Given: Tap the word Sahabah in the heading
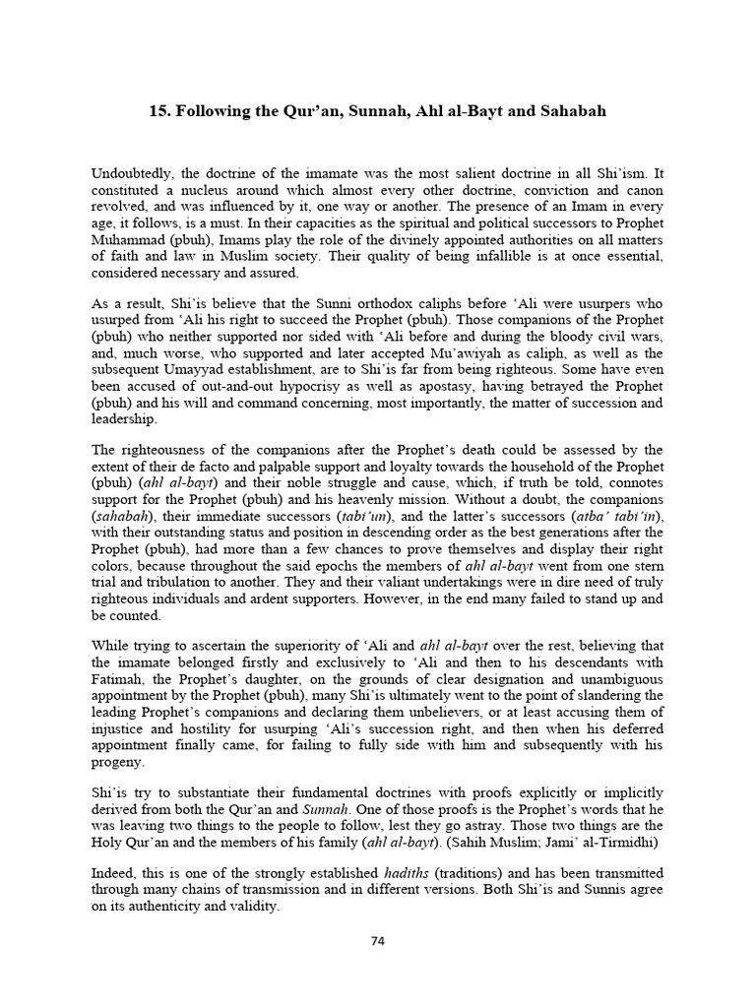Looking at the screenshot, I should click(x=568, y=111).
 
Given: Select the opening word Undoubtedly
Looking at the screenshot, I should click(x=128, y=172).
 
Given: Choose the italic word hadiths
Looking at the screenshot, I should click(x=411, y=873).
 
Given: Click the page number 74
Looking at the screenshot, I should click(x=377, y=940).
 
